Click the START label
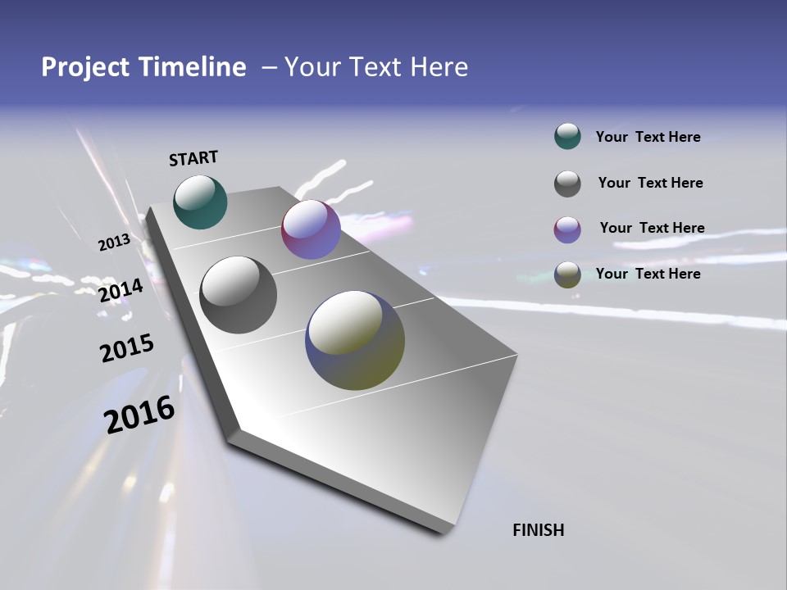(193, 158)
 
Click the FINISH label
(538, 530)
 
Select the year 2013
(114, 243)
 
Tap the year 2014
(121, 290)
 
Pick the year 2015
(126, 348)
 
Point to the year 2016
(139, 415)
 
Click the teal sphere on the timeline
(200, 202)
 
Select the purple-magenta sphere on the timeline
(311, 229)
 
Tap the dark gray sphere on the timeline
(238, 295)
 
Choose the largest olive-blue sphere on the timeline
(355, 340)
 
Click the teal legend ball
(567, 137)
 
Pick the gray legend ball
(567, 184)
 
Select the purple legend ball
(567, 229)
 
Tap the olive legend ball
(567, 275)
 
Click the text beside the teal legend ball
(648, 138)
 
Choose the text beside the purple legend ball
(652, 228)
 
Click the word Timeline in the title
(194, 67)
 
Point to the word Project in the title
(85, 67)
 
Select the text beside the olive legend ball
(648, 274)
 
